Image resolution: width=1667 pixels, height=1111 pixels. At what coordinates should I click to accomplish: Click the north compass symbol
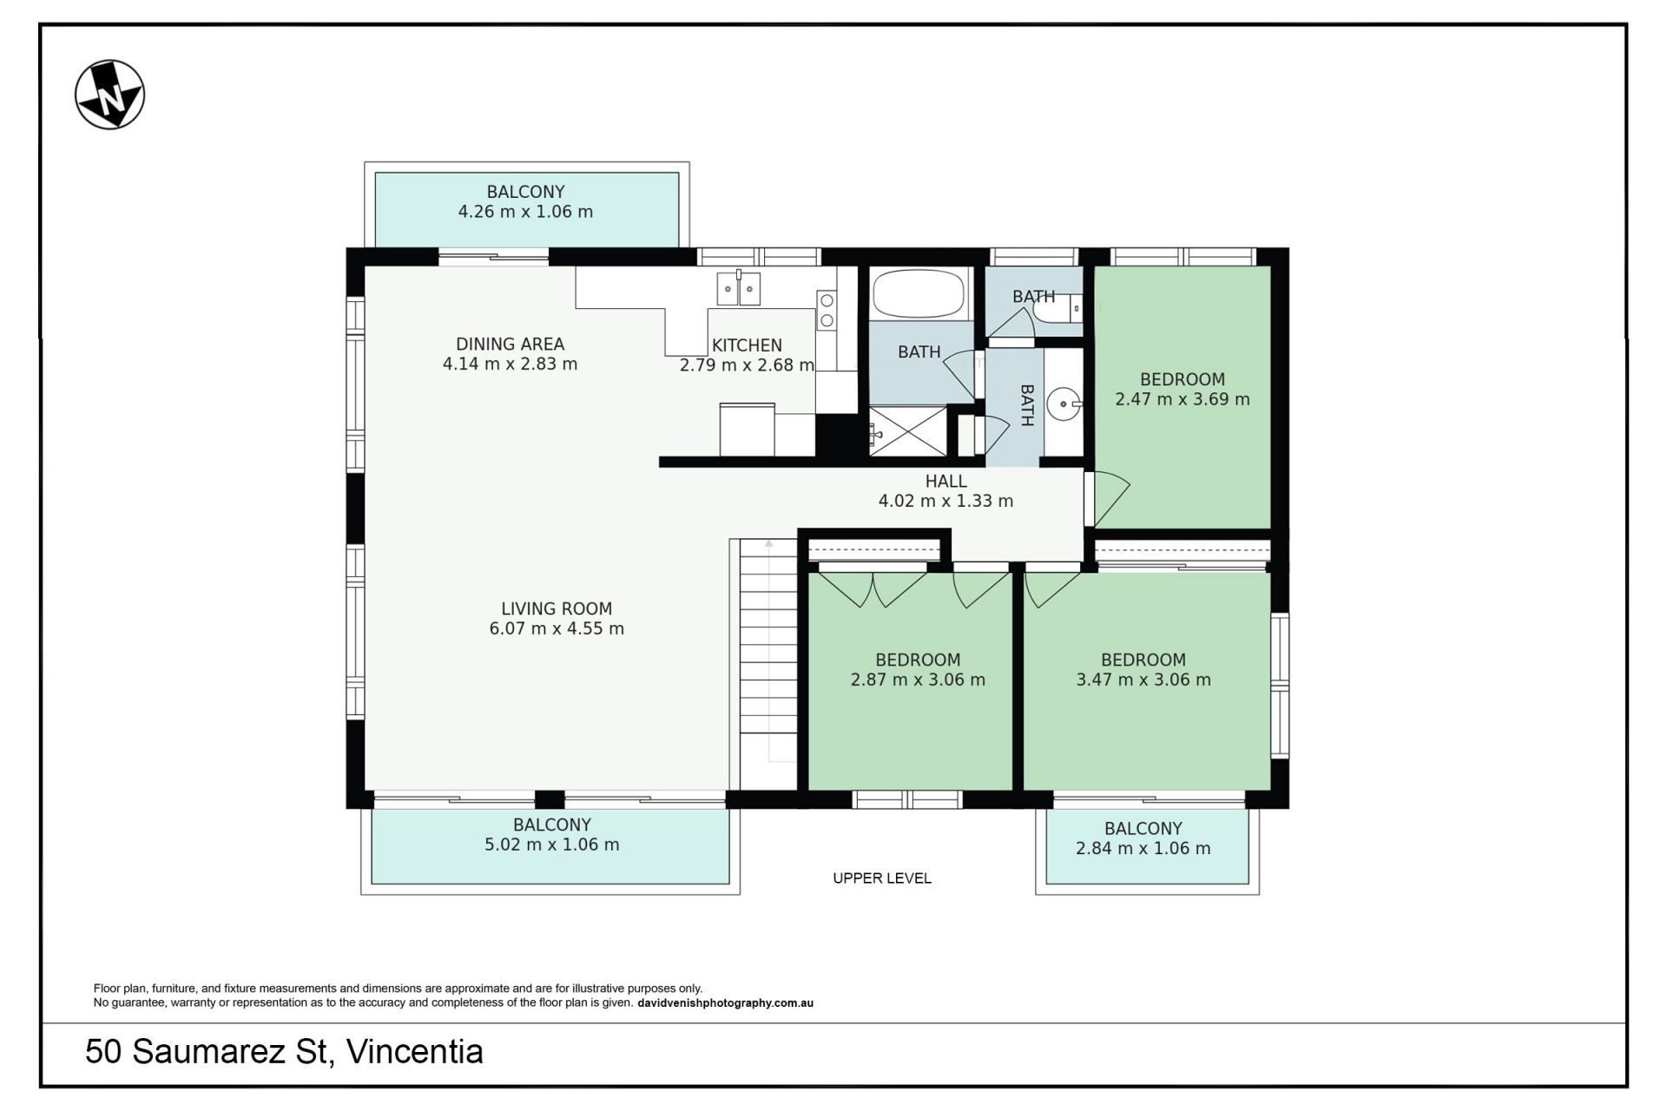coord(109,95)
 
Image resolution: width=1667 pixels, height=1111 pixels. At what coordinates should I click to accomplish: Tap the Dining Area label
coord(510,345)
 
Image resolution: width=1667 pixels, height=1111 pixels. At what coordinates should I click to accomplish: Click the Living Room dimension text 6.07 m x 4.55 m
coord(557,628)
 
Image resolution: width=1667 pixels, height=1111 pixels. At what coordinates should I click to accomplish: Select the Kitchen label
coord(747,345)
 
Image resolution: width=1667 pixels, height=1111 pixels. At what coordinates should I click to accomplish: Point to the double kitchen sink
coord(738,287)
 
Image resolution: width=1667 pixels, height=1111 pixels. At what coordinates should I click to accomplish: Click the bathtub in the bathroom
coord(919,293)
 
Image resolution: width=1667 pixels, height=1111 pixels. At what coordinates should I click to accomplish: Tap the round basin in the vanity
coord(1063,404)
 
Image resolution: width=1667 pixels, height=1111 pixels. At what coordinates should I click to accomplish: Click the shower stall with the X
coord(908,431)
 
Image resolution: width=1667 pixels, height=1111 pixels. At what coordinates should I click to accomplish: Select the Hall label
coord(946,482)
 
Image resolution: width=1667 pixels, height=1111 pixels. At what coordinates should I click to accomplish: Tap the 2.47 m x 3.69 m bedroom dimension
coord(1183,399)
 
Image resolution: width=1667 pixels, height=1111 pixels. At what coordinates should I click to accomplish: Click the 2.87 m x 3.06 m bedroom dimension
coord(918,680)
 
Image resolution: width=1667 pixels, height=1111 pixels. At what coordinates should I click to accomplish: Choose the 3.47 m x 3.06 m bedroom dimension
coord(1143,680)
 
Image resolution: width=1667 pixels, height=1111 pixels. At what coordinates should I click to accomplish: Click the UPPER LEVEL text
coord(882,878)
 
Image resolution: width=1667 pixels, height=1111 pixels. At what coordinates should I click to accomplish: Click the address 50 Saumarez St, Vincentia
coord(284,1052)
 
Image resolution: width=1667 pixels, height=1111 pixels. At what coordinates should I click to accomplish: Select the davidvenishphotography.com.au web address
coord(725,1003)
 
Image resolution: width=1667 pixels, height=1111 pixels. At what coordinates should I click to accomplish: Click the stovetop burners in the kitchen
coord(827,311)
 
